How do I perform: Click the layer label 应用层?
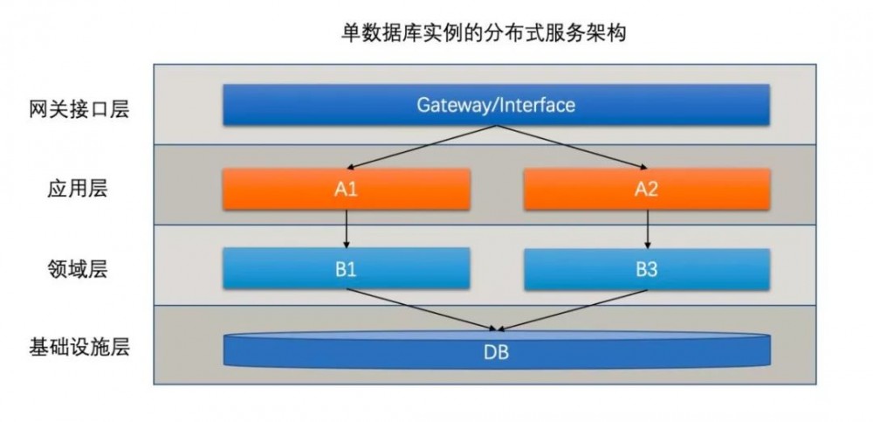[79, 189]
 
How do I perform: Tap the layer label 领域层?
[79, 269]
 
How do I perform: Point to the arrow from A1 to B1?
[347, 229]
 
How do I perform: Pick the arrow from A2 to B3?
[646, 229]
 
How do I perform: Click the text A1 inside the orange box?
[347, 190]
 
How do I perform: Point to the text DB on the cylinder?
[496, 354]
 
